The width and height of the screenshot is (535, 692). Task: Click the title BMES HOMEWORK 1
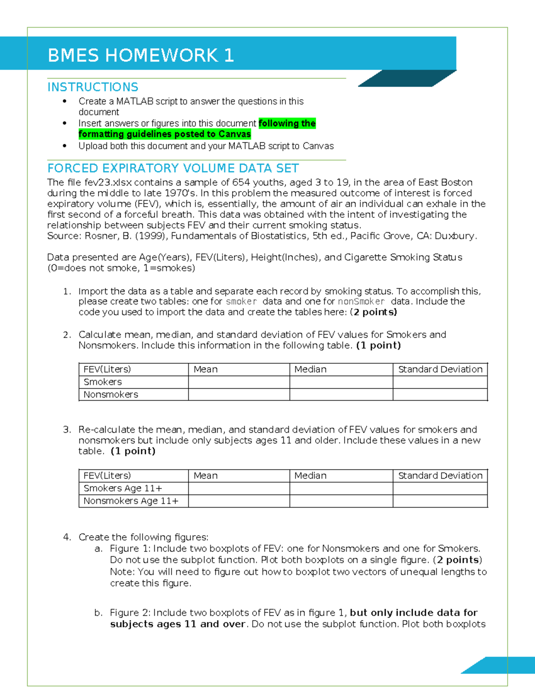pyautogui.click(x=140, y=55)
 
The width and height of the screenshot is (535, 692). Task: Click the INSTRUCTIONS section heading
pyautogui.click(x=93, y=87)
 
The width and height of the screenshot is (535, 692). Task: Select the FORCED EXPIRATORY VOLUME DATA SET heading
pyautogui.click(x=173, y=168)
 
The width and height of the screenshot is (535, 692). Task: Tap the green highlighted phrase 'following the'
pyautogui.click(x=287, y=123)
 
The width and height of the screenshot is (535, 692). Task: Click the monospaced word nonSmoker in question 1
pyautogui.click(x=361, y=301)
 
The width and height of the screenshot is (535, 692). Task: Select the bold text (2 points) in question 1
pyautogui.click(x=374, y=312)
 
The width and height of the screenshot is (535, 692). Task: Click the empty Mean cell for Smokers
pyautogui.click(x=239, y=382)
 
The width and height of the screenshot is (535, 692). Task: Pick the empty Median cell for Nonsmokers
pyautogui.click(x=341, y=394)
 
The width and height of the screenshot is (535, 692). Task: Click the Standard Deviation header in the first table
pyautogui.click(x=440, y=369)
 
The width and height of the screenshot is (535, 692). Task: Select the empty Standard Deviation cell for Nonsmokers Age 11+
pyautogui.click(x=440, y=501)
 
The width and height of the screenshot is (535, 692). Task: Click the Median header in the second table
pyautogui.click(x=310, y=476)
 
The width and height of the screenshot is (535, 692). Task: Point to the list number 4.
pyautogui.click(x=66, y=537)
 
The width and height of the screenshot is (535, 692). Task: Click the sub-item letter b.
pyautogui.click(x=98, y=613)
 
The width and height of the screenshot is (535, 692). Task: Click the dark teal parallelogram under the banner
pyautogui.click(x=407, y=78)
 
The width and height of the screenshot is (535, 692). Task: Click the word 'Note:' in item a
pyautogui.click(x=122, y=572)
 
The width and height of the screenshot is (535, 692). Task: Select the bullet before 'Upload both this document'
pyautogui.click(x=65, y=146)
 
